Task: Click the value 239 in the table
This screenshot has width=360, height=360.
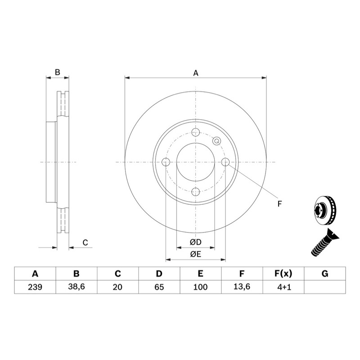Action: click(35, 287)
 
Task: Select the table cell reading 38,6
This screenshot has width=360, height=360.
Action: click(76, 287)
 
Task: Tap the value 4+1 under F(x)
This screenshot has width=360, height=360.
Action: click(284, 287)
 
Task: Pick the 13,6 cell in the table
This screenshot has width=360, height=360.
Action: click(242, 287)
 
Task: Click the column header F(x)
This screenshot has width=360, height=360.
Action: click(283, 274)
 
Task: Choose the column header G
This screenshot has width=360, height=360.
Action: click(325, 274)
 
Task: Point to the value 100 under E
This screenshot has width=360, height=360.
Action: click(200, 287)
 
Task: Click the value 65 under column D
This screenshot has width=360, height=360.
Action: click(159, 287)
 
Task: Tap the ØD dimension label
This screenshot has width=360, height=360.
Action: click(196, 242)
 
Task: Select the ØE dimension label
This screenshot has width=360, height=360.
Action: click(196, 254)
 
